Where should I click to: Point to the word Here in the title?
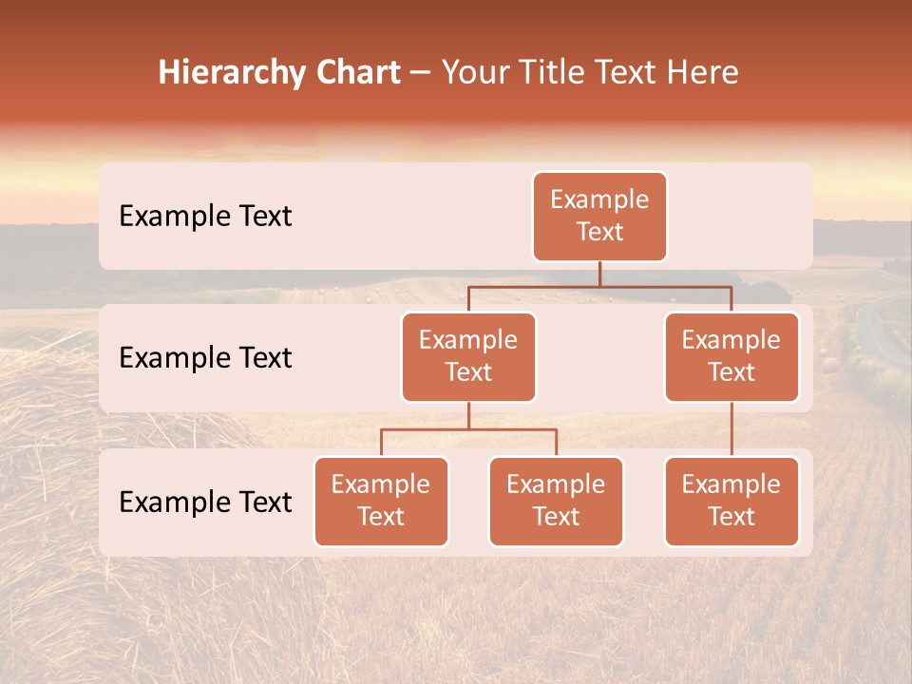tap(702, 72)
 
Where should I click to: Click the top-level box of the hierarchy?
tap(599, 217)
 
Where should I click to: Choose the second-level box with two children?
tap(468, 357)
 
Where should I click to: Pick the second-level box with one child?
tap(731, 357)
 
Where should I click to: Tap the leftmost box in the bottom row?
tap(381, 502)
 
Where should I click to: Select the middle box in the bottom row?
tap(556, 502)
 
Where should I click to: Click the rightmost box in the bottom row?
tap(731, 502)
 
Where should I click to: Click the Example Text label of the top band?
tap(205, 217)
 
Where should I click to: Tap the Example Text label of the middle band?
tap(205, 358)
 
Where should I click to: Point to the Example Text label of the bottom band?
tap(205, 503)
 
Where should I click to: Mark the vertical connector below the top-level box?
tap(599, 274)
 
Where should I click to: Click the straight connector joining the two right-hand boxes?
tap(731, 429)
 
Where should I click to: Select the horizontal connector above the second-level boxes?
tap(599, 286)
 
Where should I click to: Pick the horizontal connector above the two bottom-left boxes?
tap(468, 429)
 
